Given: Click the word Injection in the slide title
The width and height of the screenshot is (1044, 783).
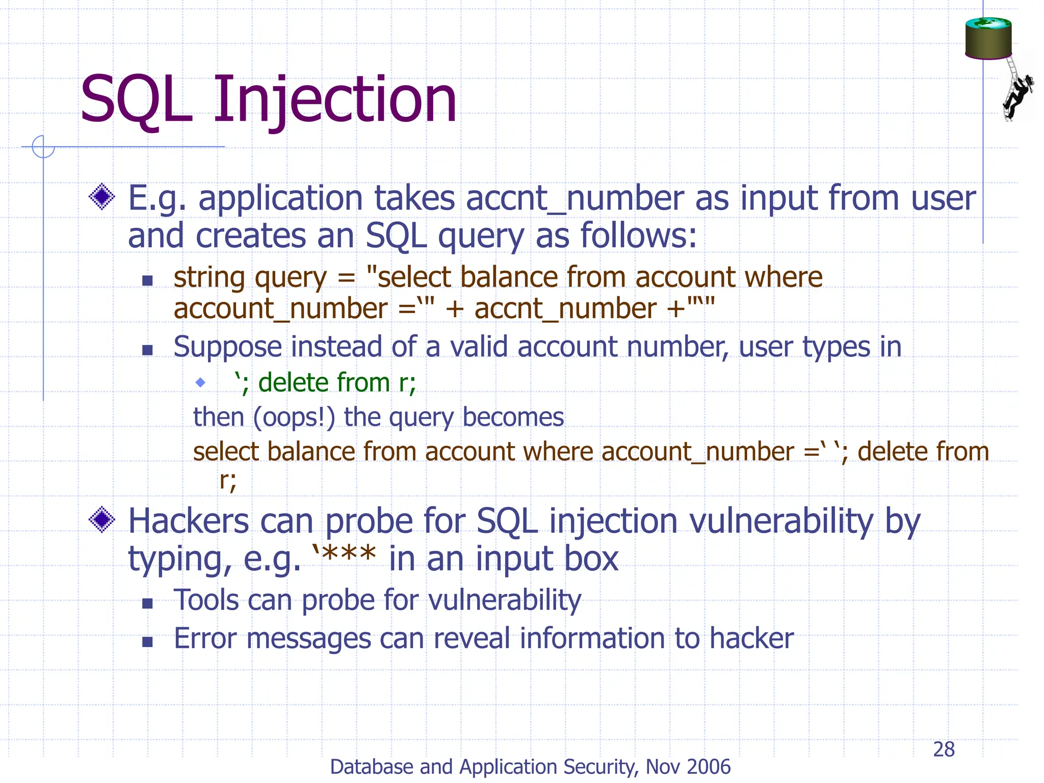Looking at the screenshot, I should [x=334, y=100].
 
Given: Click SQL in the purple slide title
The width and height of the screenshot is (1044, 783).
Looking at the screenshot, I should [x=137, y=100].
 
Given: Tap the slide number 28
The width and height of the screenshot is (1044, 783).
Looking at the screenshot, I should [x=944, y=749].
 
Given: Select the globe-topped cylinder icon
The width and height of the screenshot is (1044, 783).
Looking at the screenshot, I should [x=988, y=39].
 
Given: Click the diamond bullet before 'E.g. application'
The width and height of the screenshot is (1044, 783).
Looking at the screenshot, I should [x=102, y=197].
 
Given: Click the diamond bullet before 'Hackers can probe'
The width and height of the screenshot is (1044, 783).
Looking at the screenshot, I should [x=102, y=520].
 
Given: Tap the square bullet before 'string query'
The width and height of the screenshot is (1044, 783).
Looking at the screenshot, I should [x=147, y=280].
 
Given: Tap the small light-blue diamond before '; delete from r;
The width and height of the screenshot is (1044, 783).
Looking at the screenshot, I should [x=200, y=382].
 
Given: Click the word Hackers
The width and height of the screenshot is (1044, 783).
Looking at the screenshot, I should [x=188, y=521].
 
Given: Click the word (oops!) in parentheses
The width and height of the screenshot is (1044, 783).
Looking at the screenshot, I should [x=294, y=417].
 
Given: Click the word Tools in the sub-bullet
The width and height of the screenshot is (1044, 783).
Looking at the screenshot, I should [x=206, y=600].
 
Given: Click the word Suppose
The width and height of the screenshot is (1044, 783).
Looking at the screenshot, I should [x=227, y=348].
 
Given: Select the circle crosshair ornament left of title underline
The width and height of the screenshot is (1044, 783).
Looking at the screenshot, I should [x=43, y=147].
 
